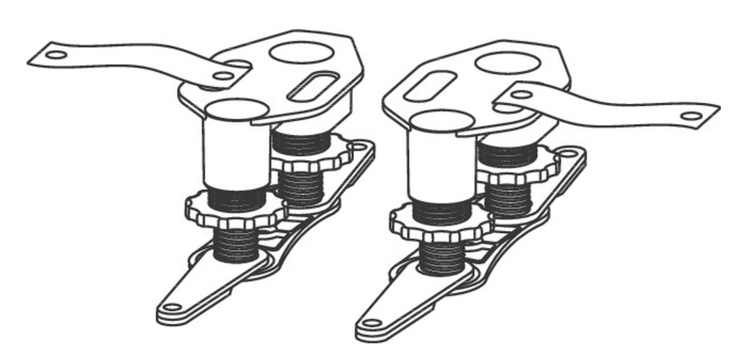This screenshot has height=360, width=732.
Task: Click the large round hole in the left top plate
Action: [x=297, y=53]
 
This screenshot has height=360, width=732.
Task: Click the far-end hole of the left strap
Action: [x=56, y=54]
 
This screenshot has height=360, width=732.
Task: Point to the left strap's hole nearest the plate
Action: [x=223, y=75]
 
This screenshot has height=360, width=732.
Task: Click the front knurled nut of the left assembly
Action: [x=237, y=212]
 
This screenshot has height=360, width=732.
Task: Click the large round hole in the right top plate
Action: [x=508, y=61]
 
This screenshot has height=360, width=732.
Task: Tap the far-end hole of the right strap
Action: [x=692, y=116]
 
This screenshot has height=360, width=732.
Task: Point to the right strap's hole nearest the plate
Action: [x=521, y=94]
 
